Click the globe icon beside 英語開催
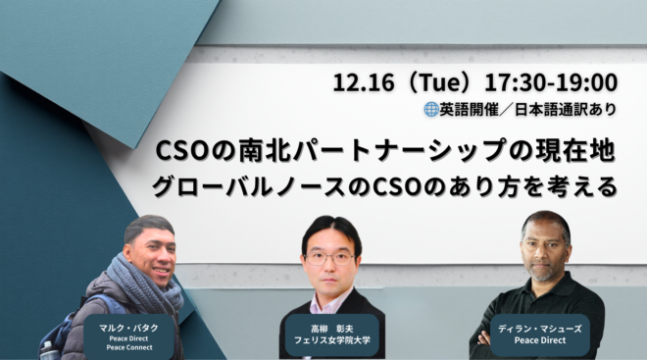click(429, 110)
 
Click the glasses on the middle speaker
click(329, 258)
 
